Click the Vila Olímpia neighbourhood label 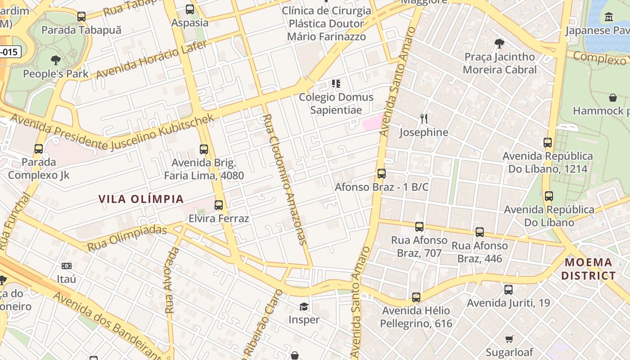tap(141, 199)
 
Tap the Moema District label tap(589, 269)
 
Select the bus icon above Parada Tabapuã tap(81, 17)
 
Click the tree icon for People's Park tap(56, 60)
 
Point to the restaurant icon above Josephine tap(423, 119)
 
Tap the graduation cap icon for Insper tap(304, 306)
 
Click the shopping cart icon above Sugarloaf tap(509, 339)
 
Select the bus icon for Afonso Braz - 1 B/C tap(382, 173)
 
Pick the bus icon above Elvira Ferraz tap(219, 205)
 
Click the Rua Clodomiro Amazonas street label tap(284, 179)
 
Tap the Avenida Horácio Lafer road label tap(152, 59)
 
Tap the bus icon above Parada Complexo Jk tap(39, 148)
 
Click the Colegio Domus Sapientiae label tap(336, 103)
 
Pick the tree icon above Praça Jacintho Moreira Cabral tap(499, 43)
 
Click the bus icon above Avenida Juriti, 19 tap(508, 290)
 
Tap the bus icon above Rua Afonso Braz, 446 tap(480, 232)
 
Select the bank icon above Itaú tap(67, 266)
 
